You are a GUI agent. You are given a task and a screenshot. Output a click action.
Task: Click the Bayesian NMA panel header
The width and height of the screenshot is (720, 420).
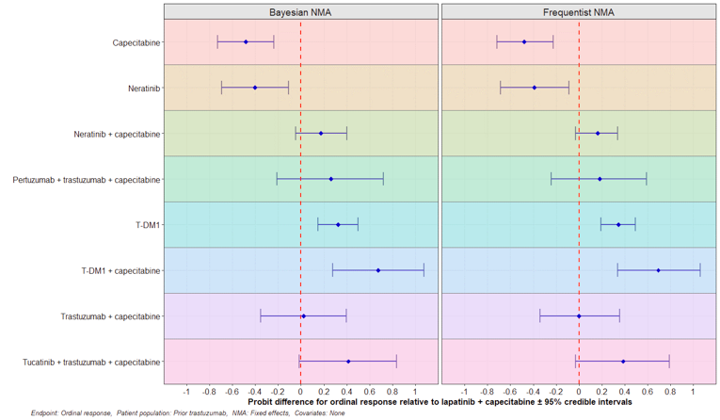click(x=301, y=11)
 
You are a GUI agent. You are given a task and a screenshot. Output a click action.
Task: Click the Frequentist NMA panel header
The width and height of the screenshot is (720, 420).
click(x=578, y=11)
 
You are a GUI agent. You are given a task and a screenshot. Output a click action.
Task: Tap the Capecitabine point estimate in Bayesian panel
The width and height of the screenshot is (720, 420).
click(x=246, y=42)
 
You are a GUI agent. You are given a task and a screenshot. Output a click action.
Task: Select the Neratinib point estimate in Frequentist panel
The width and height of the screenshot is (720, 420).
click(x=534, y=88)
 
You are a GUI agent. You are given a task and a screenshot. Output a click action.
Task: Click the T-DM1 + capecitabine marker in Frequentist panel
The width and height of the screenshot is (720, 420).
click(x=658, y=270)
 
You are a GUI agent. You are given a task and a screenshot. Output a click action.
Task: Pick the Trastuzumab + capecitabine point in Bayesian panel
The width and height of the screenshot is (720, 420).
click(x=303, y=316)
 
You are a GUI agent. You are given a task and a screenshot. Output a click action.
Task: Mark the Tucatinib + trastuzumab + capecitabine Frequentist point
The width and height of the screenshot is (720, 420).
click(x=623, y=362)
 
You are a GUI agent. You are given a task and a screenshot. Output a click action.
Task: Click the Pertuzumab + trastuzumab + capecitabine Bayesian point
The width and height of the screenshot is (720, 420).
click(x=330, y=179)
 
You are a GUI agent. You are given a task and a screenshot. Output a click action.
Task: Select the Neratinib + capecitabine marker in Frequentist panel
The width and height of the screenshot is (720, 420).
click(x=598, y=134)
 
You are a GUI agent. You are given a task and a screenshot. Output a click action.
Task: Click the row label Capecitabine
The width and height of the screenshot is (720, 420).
click(x=136, y=42)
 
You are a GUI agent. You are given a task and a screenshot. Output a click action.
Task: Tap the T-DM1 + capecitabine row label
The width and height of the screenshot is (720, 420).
click(x=120, y=271)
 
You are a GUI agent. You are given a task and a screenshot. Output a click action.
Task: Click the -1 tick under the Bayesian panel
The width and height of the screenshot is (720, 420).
click(x=186, y=391)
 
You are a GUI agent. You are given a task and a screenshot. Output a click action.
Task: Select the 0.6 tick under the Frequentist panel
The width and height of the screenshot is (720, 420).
click(x=648, y=391)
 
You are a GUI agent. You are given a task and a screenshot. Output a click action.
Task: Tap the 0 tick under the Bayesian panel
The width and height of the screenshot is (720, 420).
click(x=300, y=391)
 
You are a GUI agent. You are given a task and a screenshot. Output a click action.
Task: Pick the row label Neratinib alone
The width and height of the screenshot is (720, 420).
click(x=144, y=89)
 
